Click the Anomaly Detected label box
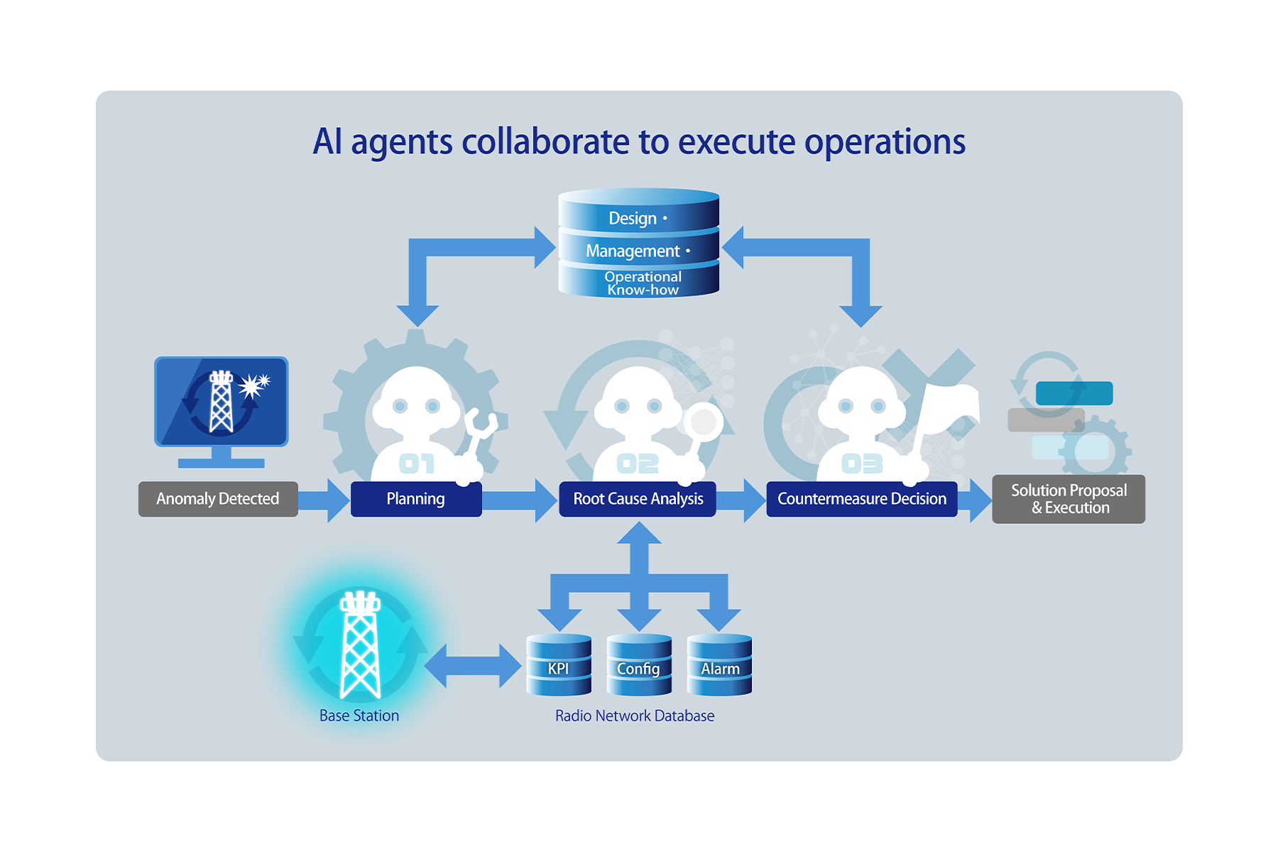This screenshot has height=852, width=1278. tap(218, 499)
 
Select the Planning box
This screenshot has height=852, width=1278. tap(416, 499)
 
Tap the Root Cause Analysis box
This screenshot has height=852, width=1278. tap(638, 499)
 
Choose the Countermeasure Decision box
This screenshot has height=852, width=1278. tap(861, 499)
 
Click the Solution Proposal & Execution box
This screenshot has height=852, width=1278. tap(1068, 499)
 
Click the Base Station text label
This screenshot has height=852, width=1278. tap(359, 716)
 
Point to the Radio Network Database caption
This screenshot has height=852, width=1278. tap(635, 716)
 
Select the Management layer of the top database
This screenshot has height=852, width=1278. tap(638, 250)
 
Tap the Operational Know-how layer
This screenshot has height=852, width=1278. tap(642, 283)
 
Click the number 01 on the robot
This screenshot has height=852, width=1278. tap(417, 464)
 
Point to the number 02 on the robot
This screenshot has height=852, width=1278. tap(638, 464)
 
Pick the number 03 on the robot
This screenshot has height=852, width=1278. tap(862, 464)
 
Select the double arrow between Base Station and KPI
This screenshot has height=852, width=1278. tap(473, 666)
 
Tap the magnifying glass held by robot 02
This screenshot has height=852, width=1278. tap(703, 422)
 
